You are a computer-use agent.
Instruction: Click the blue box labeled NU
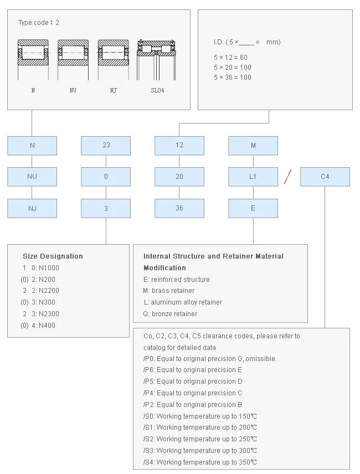(x=32, y=177)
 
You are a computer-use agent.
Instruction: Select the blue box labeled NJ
(x=32, y=208)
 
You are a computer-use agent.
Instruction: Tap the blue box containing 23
(x=106, y=146)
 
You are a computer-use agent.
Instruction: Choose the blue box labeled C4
(x=325, y=177)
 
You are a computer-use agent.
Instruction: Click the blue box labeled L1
(x=253, y=177)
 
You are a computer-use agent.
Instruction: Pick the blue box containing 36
(x=179, y=208)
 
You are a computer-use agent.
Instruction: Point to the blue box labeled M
(x=253, y=146)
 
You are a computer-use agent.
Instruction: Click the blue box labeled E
(x=253, y=208)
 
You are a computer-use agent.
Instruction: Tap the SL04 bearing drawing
(x=156, y=60)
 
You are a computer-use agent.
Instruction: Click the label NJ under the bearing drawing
(x=114, y=90)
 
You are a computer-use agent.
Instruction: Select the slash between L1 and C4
(x=288, y=177)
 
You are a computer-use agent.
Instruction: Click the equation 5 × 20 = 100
(x=233, y=68)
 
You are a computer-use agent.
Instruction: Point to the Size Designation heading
(x=53, y=256)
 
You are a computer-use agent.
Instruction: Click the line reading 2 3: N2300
(x=41, y=314)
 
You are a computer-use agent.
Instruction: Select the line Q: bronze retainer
(x=170, y=314)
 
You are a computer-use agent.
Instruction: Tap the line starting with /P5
(x=193, y=382)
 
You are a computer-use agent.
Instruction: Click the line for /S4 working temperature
(x=200, y=462)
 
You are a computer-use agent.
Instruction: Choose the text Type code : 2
(x=39, y=23)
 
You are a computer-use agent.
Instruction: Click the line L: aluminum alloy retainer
(x=183, y=302)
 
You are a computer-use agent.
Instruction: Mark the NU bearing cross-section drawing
(x=73, y=60)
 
